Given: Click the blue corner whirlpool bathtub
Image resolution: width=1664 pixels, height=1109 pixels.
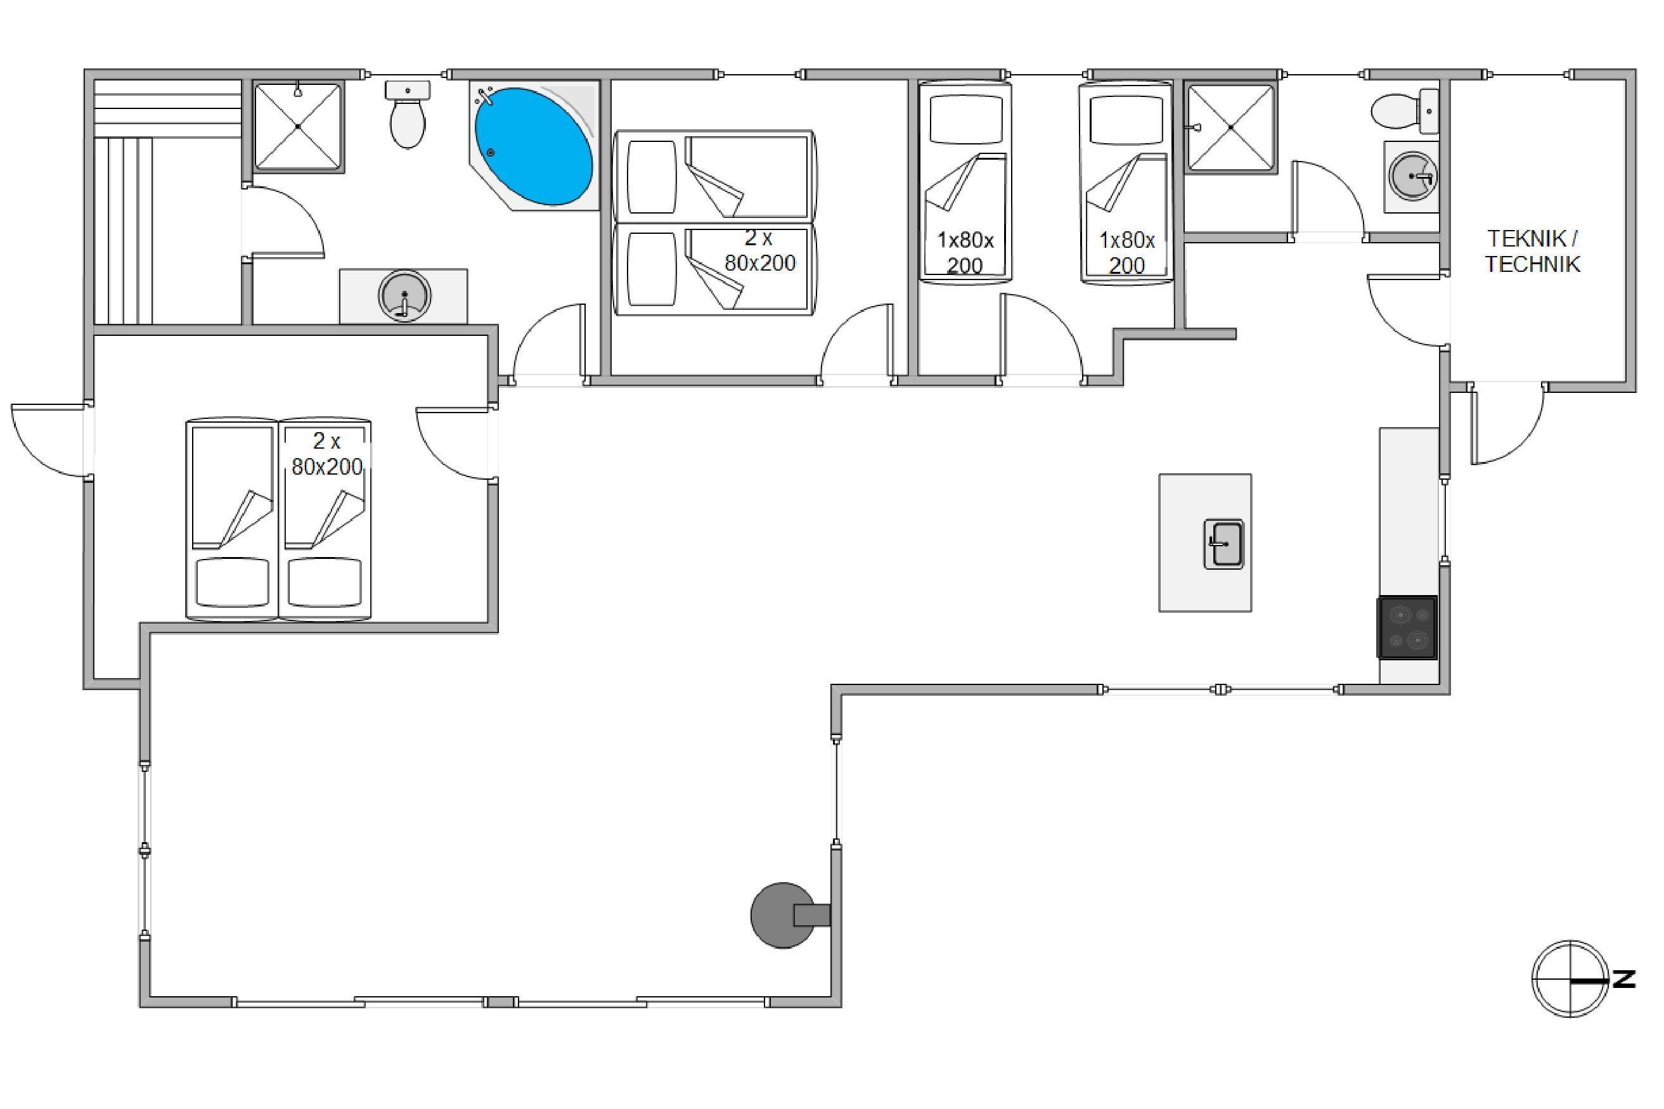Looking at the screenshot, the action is click(534, 146).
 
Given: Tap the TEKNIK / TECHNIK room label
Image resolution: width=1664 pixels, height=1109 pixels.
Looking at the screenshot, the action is click(1532, 251).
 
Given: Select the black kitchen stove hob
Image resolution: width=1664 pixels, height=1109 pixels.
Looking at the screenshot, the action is click(1407, 627).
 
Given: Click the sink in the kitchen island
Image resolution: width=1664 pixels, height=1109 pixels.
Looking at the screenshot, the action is click(1224, 544).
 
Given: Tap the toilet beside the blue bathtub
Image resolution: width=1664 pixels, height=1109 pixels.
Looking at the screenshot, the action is click(408, 114).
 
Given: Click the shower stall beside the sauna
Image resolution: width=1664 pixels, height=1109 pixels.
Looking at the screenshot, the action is click(299, 127).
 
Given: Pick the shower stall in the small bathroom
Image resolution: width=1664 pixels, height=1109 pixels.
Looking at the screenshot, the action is click(1232, 127).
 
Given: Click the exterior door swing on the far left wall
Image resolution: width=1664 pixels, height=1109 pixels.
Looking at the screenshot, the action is click(48, 440).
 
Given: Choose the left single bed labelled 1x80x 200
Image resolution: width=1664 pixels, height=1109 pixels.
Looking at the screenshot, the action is click(965, 182).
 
